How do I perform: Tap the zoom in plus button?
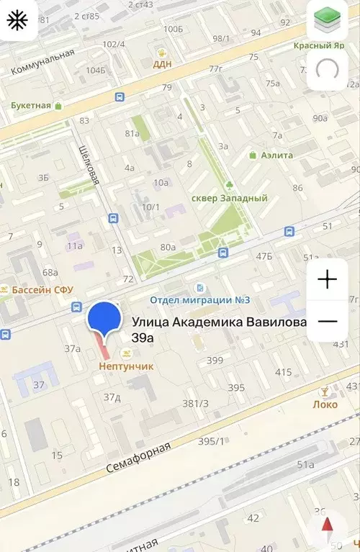[327, 279]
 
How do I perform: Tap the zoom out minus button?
[327, 320]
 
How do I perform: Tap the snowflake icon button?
[17, 20]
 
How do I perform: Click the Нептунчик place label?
[126, 366]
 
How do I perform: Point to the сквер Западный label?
[229, 198]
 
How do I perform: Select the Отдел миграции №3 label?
[200, 299]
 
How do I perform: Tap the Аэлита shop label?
[276, 155]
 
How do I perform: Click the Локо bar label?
[325, 404]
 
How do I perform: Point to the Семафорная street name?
[139, 457]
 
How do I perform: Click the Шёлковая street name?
[88, 163]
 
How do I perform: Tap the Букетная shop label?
[31, 105]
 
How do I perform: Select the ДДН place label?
[162, 63]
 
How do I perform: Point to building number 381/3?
[195, 403]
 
